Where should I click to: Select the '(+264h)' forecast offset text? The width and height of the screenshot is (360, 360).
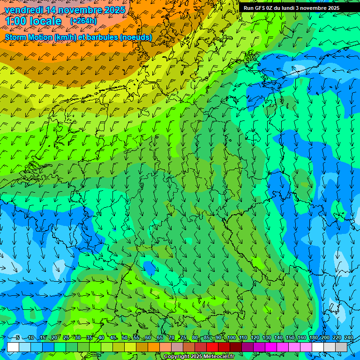[83, 21]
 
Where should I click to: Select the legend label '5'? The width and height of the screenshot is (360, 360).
[18, 337]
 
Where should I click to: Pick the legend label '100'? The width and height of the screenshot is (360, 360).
[232, 337]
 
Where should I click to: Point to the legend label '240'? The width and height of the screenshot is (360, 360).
[349, 337]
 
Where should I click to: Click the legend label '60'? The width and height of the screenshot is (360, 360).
[148, 337]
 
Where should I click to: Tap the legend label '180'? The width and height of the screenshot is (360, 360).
[314, 337]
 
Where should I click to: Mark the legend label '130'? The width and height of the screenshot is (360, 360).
[267, 337]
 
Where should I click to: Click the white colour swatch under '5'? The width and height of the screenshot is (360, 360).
[13, 347]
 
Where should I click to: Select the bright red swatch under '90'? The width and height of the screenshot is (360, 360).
[212, 347]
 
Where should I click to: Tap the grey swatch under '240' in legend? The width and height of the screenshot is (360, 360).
[341, 347]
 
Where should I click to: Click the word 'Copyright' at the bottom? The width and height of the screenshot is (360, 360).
[177, 357]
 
